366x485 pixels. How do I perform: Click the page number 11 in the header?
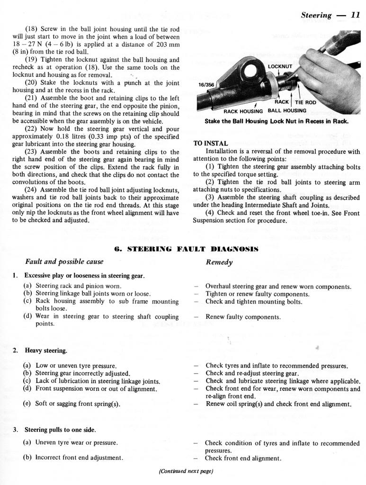[x=355, y=15]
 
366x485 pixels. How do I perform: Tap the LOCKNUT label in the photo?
[x=281, y=67]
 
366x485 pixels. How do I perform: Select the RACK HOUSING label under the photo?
[x=244, y=111]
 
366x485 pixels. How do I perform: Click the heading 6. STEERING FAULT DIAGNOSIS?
[x=186, y=248]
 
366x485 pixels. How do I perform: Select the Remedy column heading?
[x=219, y=262]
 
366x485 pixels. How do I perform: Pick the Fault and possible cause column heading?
[x=64, y=262]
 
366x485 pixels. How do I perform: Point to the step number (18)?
[x=31, y=29]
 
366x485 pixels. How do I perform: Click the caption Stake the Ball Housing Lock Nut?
[x=277, y=121]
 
